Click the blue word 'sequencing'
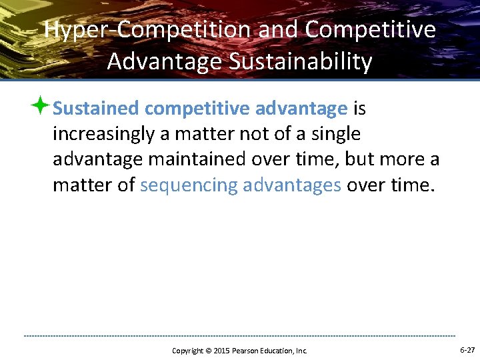(x=189, y=185)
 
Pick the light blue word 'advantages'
(x=292, y=185)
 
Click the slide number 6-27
(x=467, y=350)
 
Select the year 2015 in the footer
(x=221, y=351)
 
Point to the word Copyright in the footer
(x=187, y=351)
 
